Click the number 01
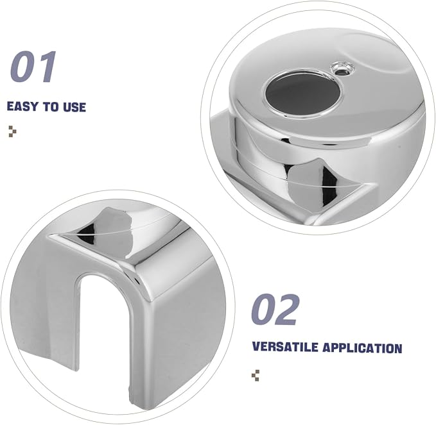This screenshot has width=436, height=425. [x=33, y=67]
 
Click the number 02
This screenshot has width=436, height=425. [x=275, y=310]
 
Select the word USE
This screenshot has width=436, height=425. [x=74, y=107]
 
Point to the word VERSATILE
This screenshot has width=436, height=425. [x=285, y=347]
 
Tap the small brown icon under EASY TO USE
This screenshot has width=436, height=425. [x=12, y=131]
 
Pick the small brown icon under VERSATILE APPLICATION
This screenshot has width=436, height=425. [x=256, y=375]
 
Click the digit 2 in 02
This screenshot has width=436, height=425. [x=288, y=310]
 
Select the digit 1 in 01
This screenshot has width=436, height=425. [x=48, y=67]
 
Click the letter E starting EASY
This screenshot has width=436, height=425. [x=10, y=107]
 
